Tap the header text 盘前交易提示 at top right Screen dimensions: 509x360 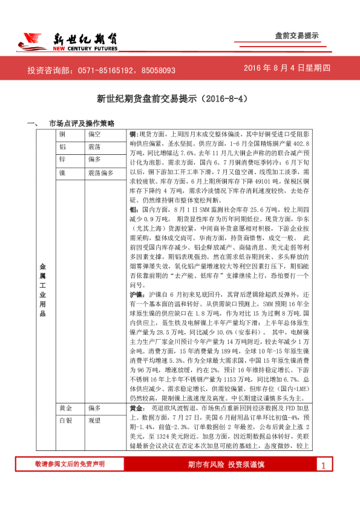click(x=296, y=36)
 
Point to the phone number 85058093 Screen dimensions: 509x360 click(x=159, y=70)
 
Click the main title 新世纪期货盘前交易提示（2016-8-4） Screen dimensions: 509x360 click(x=180, y=98)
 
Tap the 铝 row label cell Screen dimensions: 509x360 click(x=62, y=146)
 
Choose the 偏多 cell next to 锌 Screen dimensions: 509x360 click(x=94, y=160)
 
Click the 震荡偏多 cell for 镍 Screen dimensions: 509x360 click(x=100, y=173)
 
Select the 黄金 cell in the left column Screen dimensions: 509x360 click(x=65, y=408)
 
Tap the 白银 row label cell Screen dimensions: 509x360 click(x=65, y=421)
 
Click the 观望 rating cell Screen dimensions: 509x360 click(x=94, y=421)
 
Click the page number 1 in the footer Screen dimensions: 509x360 click(x=323, y=465)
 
